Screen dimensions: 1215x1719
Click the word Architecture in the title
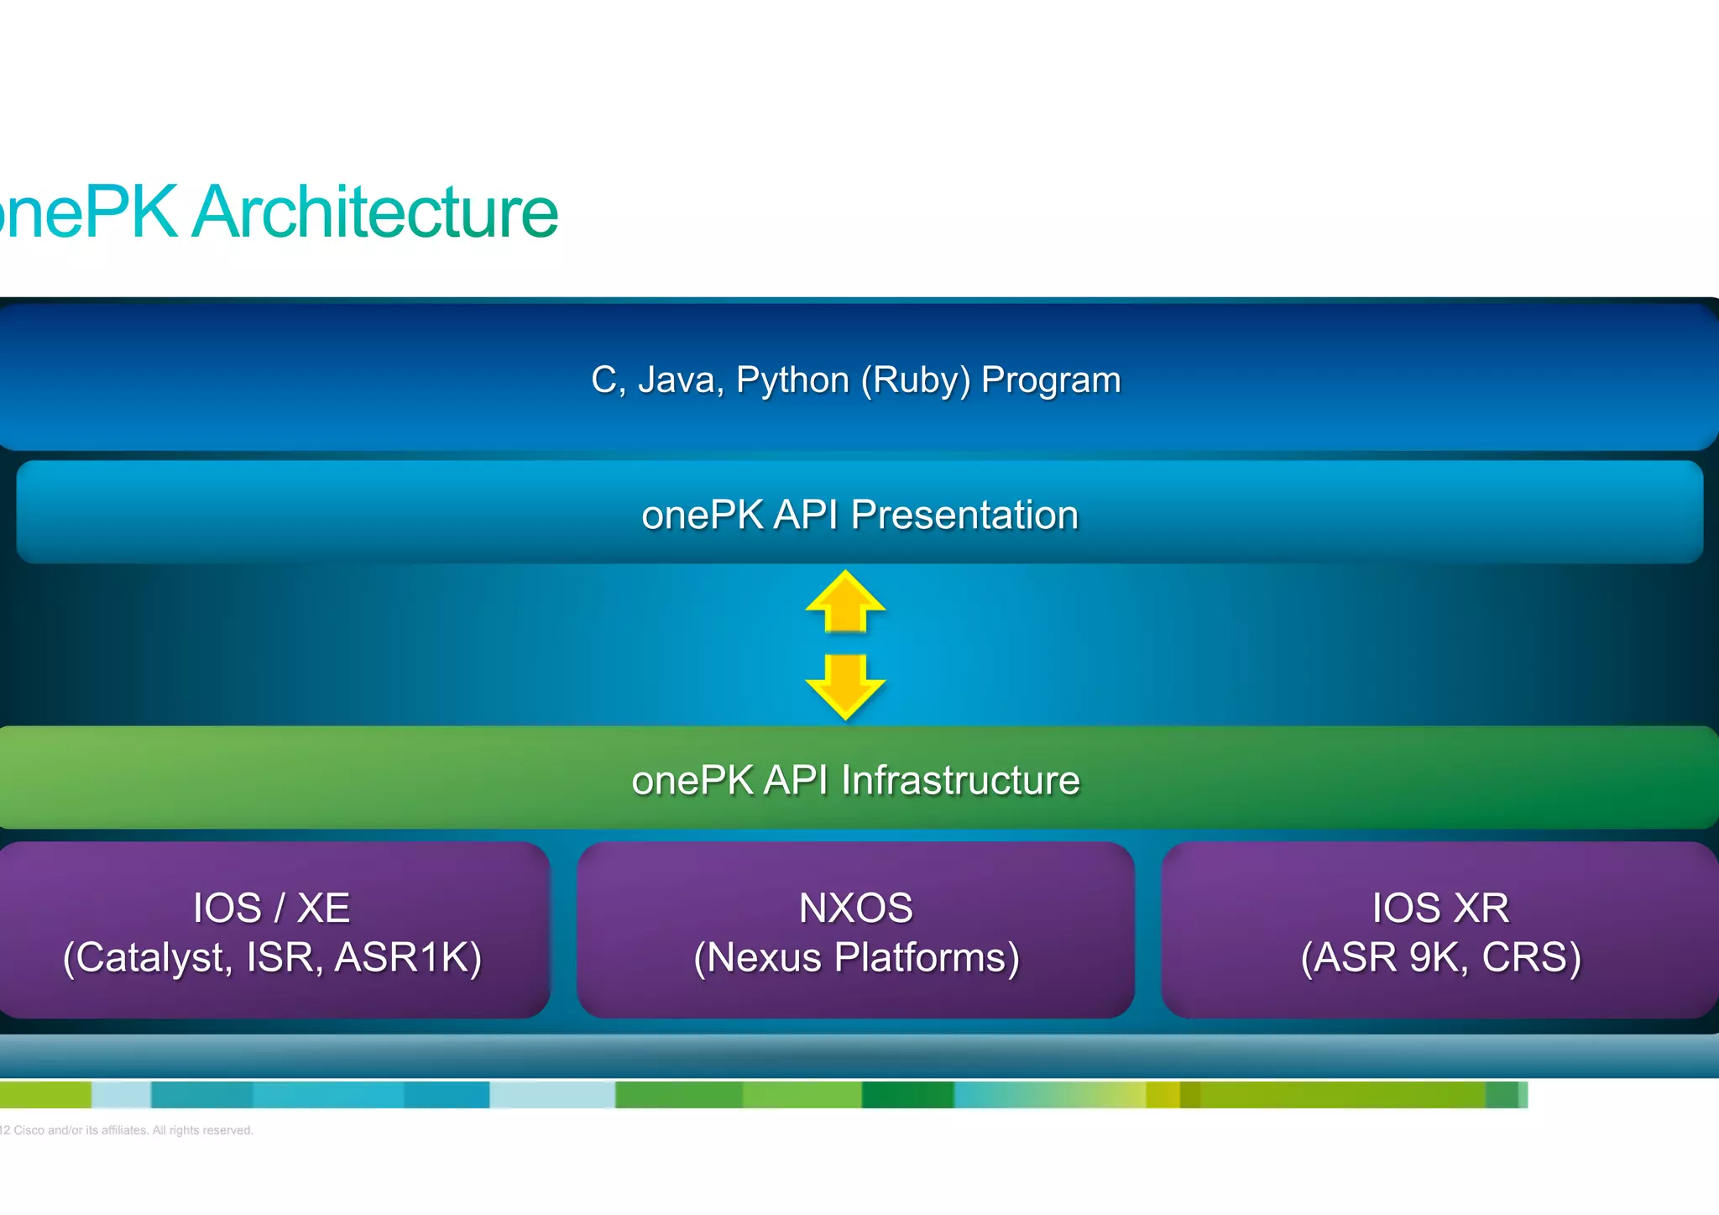pos(375,212)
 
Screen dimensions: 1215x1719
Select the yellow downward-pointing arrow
pos(845,685)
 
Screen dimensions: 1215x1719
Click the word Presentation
pos(964,515)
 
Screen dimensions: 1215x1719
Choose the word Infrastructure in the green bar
pos(960,780)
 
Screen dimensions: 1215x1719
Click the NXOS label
pos(855,908)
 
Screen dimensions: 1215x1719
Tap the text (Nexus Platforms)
pos(856,957)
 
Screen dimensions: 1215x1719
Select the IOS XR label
pos(1440,908)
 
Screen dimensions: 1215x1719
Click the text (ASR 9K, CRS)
pos(1440,957)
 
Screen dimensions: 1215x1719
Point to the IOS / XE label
pos(271,908)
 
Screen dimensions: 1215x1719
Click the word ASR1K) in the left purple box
pos(409,957)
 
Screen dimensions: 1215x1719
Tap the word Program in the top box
pos(1051,380)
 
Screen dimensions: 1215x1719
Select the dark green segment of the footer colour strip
pos(907,1095)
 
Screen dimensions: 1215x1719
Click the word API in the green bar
pos(796,780)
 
